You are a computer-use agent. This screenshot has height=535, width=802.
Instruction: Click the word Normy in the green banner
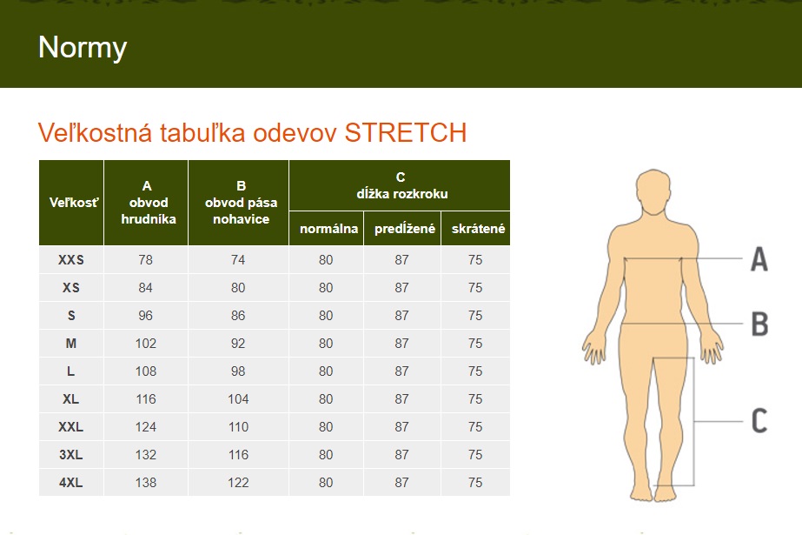coord(83,48)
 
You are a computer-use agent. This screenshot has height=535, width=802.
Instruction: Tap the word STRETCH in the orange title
coord(406,132)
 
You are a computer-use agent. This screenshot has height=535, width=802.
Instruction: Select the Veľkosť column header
coord(74,203)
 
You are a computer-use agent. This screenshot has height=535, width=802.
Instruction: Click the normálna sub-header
coord(328,229)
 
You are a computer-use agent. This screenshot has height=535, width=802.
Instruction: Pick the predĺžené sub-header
coord(405,229)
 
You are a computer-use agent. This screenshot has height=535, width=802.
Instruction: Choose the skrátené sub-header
coord(478,229)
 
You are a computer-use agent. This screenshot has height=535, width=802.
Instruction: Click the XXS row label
coord(71,260)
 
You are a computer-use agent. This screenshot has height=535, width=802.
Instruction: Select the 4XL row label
coord(71,482)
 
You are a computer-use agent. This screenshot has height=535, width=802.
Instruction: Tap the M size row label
coord(71,344)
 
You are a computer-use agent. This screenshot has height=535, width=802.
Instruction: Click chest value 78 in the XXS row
coord(145,260)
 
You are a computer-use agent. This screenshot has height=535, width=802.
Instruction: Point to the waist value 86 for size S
coord(238,316)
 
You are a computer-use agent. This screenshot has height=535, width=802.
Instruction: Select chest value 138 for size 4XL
coord(146,482)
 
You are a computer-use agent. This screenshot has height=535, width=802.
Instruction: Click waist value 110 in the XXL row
coord(238,427)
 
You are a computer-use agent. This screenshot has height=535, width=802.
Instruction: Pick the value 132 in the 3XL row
coord(146,455)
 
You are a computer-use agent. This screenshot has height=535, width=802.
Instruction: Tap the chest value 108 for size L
coord(146,371)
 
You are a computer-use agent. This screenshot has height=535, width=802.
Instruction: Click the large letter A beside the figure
coord(759,259)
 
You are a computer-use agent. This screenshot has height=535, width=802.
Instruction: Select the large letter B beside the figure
coord(759,324)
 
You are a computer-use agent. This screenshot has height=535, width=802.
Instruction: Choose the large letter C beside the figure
coord(759,421)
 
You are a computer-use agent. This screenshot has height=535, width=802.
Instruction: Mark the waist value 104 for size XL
coord(238,398)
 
